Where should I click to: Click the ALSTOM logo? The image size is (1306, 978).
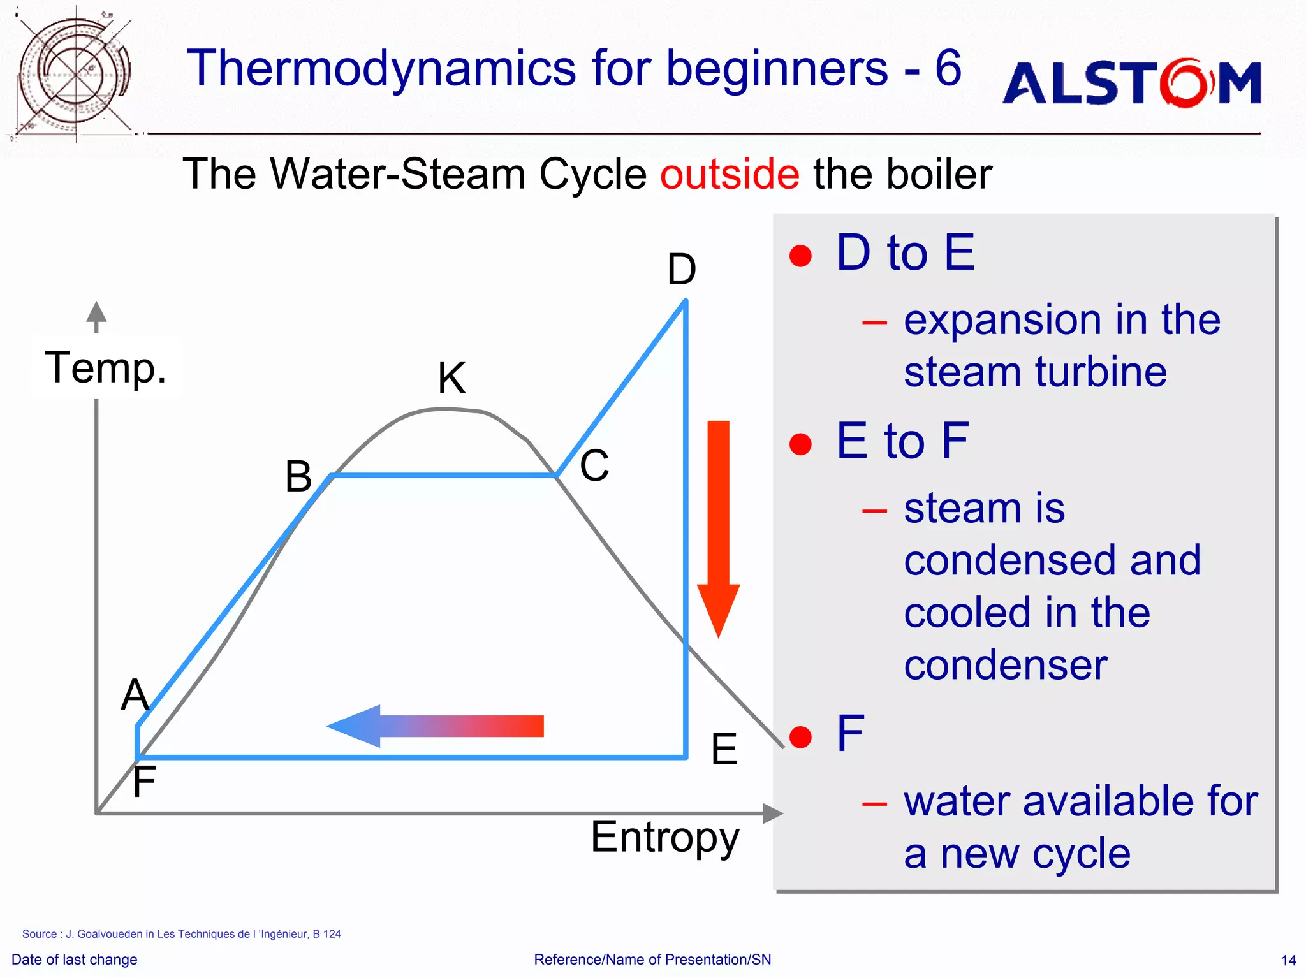tap(1132, 83)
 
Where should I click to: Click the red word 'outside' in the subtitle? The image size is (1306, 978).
tap(729, 174)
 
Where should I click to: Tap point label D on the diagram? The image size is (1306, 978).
tap(681, 270)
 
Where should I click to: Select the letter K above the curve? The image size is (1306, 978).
tap(451, 378)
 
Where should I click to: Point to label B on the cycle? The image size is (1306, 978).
tap(298, 476)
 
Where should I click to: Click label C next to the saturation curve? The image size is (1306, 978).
tap(594, 465)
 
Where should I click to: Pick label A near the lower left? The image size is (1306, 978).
tap(135, 694)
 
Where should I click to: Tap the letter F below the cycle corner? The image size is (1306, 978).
tap(144, 782)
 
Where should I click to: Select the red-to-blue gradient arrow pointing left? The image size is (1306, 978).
tap(435, 726)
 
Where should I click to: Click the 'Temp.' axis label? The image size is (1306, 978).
tap(106, 369)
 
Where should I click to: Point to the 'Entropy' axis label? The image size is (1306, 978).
tap(664, 837)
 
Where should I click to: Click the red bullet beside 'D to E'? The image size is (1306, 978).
tap(800, 256)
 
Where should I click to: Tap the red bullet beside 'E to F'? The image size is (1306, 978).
tap(800, 444)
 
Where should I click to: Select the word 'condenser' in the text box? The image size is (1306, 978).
tap(1005, 665)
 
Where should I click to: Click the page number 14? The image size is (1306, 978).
tap(1288, 960)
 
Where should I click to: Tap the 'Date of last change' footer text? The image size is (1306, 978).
tap(74, 960)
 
